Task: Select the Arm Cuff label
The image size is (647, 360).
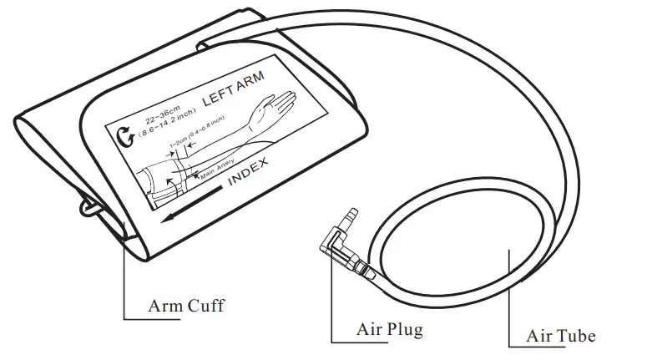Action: coord(185,305)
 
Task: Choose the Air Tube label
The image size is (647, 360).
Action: coord(560,336)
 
